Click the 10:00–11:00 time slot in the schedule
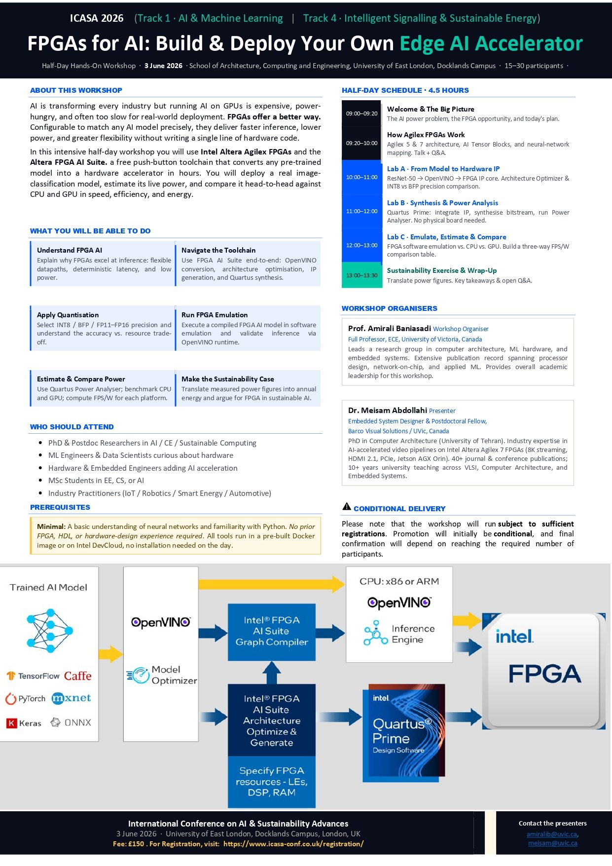pos(361,177)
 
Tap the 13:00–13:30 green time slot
pos(361,275)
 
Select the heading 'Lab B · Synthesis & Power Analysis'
pos(442,203)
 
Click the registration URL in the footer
pos(293,844)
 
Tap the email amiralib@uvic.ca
pos(552,834)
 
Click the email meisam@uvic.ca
pos(552,843)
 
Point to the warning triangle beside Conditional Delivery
pos(347,506)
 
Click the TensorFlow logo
pos(33,676)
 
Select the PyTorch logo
pos(25,699)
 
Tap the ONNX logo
pos(71,722)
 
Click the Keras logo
pos(24,723)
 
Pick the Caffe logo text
pos(77,676)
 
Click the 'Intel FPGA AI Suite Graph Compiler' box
pos(271,632)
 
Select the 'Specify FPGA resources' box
pos(271,781)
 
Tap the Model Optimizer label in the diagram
pos(163,675)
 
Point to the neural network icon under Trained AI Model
pos(49,630)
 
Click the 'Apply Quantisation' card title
pos(68,315)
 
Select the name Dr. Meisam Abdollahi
pos(387,410)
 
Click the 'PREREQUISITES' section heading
pos(60,507)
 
